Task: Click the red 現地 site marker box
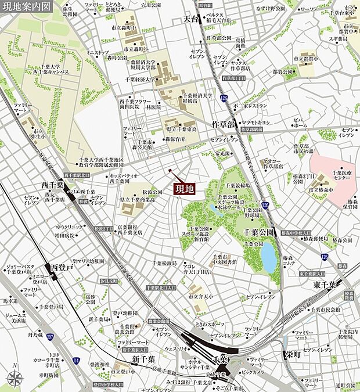pyautogui.click(x=185, y=188)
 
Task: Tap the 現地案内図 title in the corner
pyautogui.click(x=28, y=6)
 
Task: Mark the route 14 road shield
pyautogui.click(x=77, y=361)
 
